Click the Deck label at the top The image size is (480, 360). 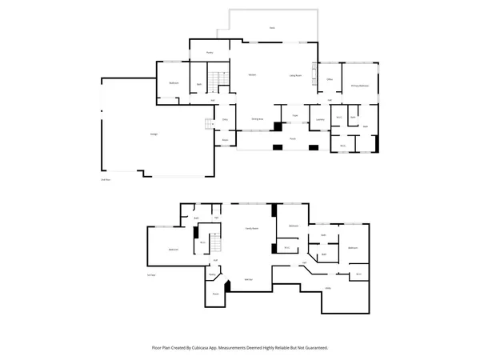[272, 28]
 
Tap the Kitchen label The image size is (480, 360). [251, 74]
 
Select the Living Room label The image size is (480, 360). [294, 74]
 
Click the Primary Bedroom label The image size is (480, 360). [358, 85]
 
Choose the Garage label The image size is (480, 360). [152, 134]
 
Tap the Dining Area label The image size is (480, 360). [258, 118]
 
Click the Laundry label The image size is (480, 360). [320, 119]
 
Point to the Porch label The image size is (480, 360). [293, 138]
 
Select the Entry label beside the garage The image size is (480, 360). [226, 120]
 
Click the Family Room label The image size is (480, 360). [250, 229]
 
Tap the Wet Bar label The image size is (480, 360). [249, 280]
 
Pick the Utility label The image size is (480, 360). [328, 288]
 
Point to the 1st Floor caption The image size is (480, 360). [150, 274]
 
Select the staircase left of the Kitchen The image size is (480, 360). [214, 81]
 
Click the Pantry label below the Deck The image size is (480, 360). [210, 52]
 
